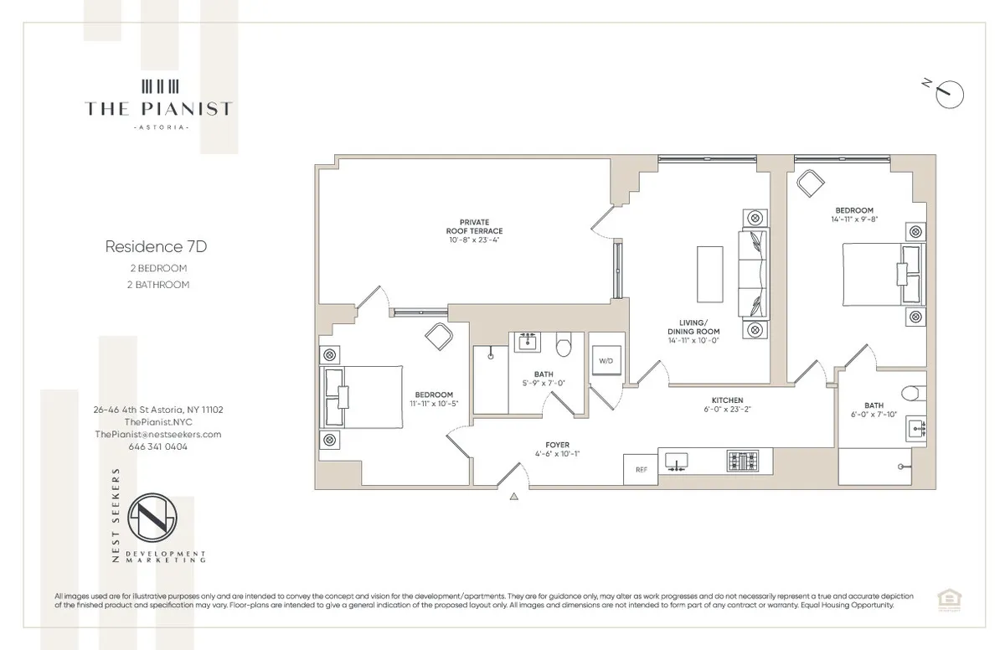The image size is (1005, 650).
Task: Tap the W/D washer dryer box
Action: coord(605,361)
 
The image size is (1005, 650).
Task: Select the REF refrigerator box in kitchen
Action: coord(642,470)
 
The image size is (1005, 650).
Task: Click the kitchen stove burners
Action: coord(744,462)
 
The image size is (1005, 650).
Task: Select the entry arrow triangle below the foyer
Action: coord(514,497)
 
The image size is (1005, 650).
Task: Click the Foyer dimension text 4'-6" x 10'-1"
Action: coord(557,455)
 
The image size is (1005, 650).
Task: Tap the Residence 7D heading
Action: coord(156,247)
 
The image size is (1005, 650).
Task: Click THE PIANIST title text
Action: coord(157,108)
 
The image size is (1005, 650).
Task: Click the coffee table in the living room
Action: coord(710,274)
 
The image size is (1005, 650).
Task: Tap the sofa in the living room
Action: coord(751,272)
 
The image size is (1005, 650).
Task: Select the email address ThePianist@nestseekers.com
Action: coord(157,434)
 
